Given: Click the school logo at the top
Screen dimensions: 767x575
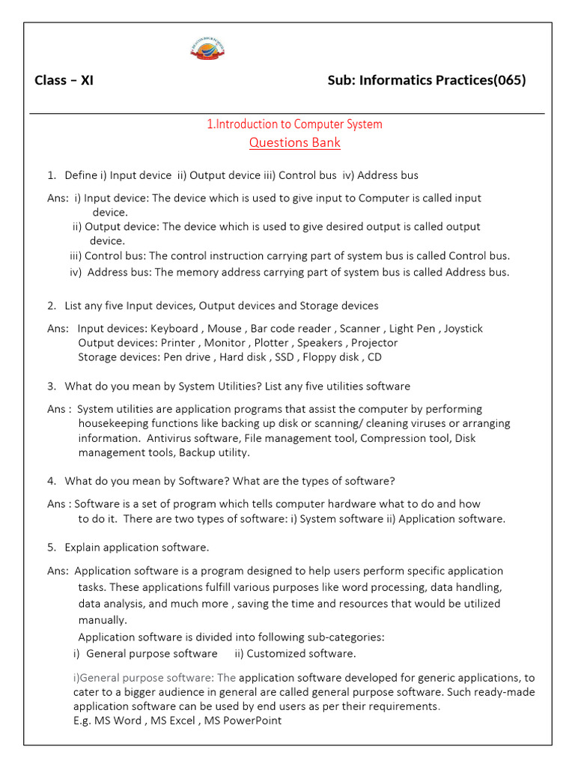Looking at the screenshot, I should [207, 49].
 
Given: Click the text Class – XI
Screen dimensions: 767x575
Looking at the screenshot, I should [64, 81].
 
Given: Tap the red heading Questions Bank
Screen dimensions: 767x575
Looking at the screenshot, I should [294, 142].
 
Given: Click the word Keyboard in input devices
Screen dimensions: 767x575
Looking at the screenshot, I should [174, 328].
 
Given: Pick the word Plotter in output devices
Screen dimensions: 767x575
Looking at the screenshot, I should [270, 342].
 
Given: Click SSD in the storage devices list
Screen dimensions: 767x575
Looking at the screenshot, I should [284, 357].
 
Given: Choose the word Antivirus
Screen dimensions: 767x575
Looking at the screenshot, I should [168, 438].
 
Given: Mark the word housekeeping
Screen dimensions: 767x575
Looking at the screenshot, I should [113, 423].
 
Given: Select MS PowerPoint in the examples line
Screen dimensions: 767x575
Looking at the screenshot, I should [246, 721].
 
